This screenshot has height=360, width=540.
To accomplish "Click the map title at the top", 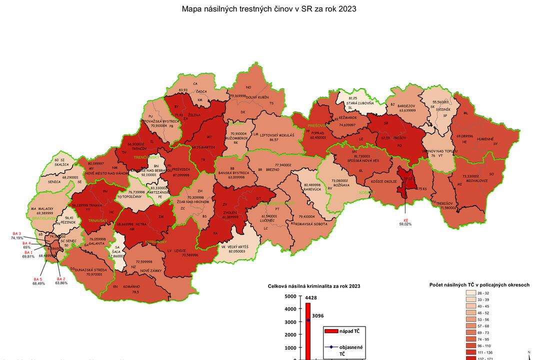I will tap(269, 9).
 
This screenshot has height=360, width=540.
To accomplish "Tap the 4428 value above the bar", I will tap(311, 298).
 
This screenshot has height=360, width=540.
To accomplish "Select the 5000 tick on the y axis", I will tap(290, 296).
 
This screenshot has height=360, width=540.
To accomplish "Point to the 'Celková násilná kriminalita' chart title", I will tap(314, 286).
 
